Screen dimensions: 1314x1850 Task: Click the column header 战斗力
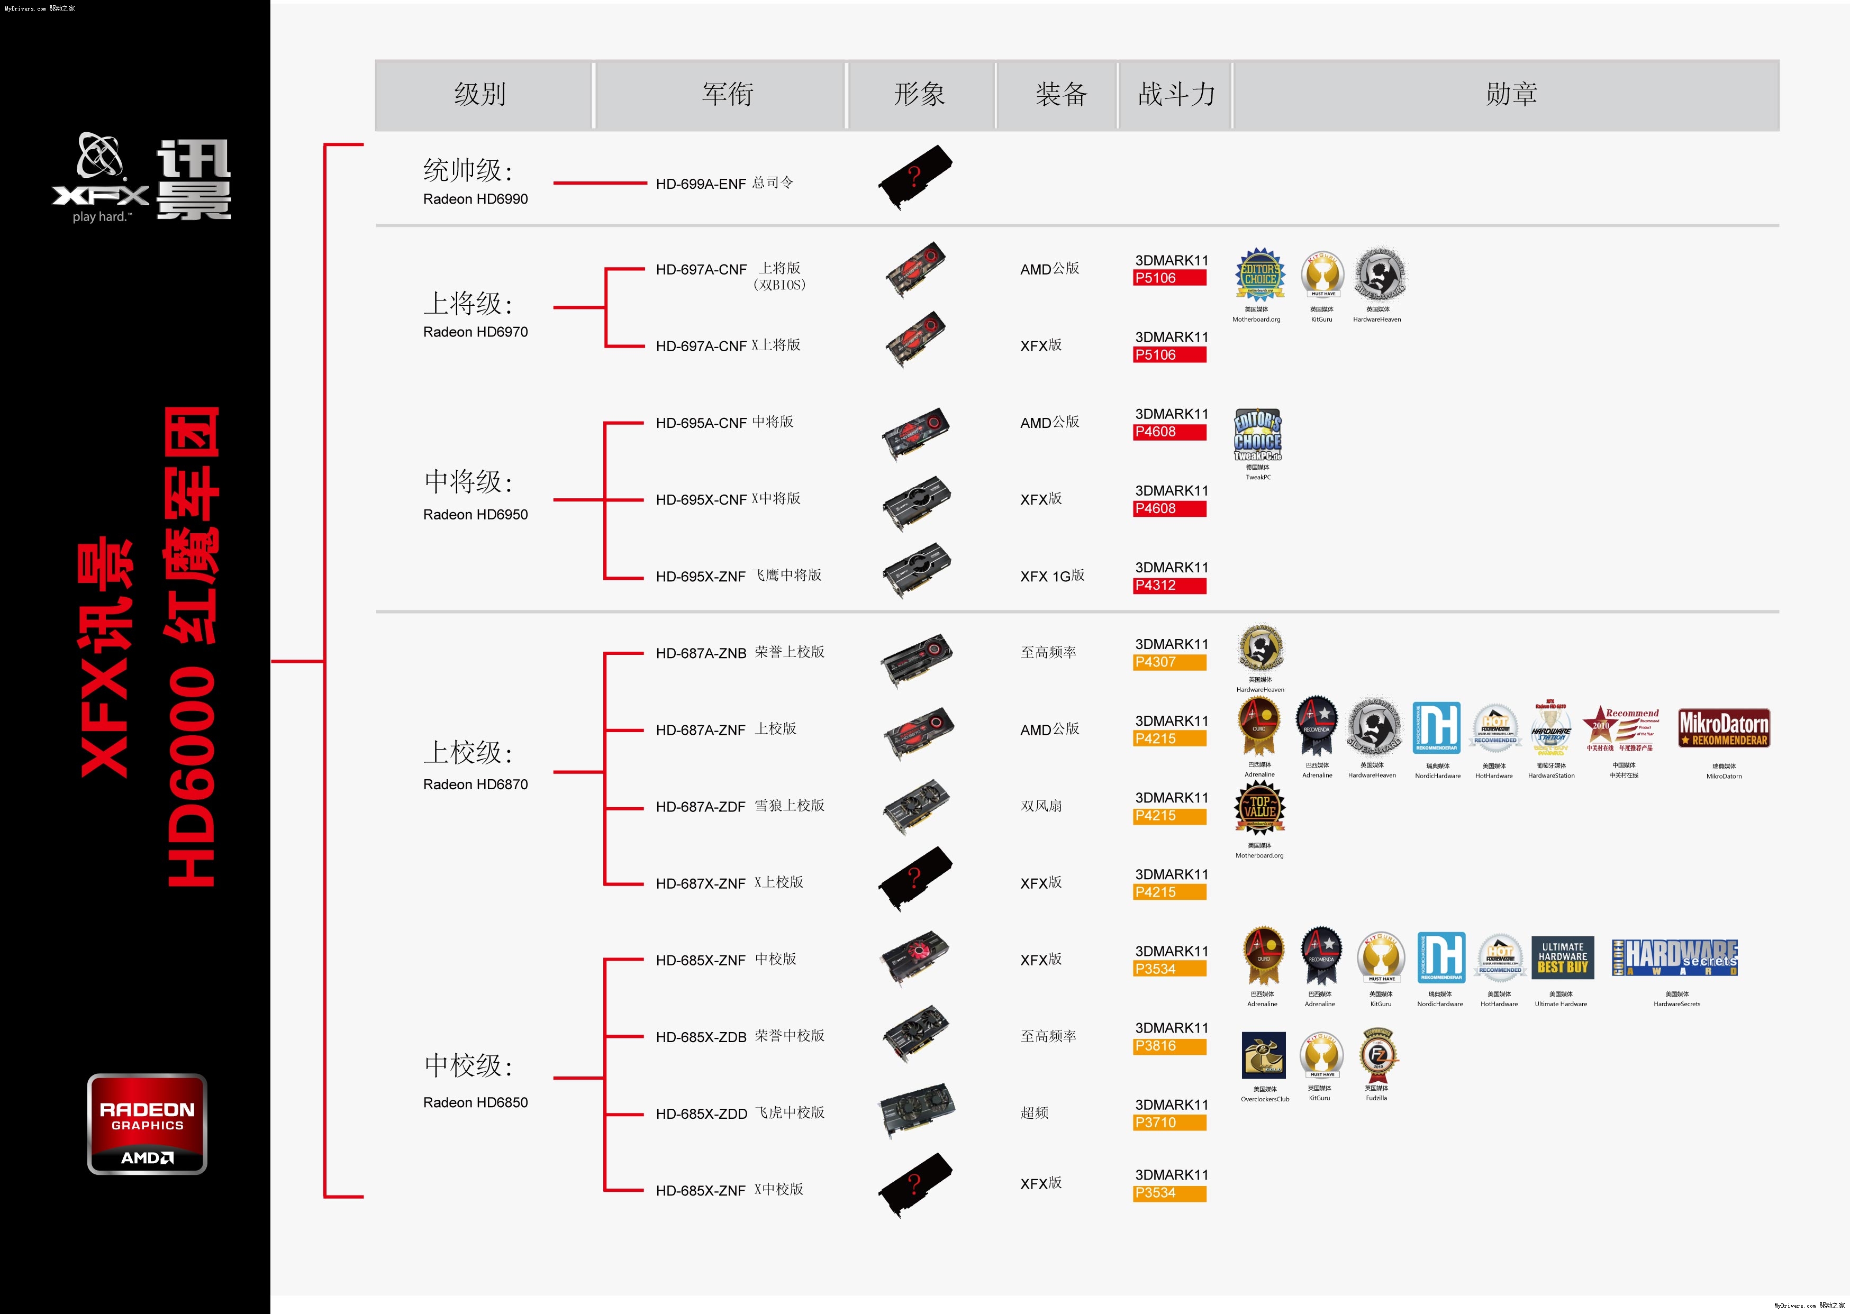coord(1176,95)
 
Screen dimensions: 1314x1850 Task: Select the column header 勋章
coord(1510,95)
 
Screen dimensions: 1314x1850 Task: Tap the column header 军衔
coord(727,95)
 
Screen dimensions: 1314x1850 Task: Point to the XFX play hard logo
coord(101,179)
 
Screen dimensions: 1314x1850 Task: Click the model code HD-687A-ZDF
coord(701,807)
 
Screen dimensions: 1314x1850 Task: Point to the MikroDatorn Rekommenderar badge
coord(1723,728)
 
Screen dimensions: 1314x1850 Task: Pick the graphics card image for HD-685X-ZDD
coord(916,1110)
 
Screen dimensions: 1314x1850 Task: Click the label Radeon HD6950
coord(475,515)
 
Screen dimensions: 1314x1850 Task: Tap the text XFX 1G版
coord(1051,576)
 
